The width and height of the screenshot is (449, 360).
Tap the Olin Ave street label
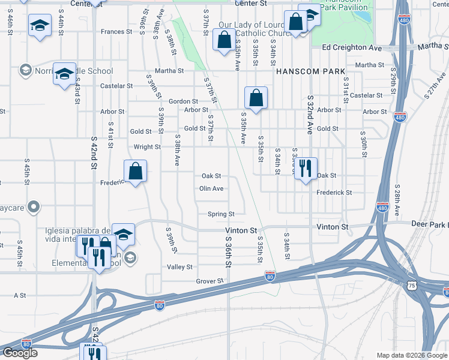(x=211, y=188)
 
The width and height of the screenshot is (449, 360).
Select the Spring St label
(x=220, y=214)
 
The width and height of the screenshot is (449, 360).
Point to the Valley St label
(x=179, y=267)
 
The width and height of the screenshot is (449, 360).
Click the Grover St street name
(x=209, y=281)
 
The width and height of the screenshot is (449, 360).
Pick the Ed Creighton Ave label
(x=352, y=47)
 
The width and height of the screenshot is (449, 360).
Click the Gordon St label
(x=183, y=101)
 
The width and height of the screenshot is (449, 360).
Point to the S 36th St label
(x=229, y=251)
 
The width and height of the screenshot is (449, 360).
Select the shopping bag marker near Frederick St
(x=136, y=171)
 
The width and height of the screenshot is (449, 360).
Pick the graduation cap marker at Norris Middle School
(x=64, y=74)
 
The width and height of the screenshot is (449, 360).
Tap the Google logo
(x=20, y=353)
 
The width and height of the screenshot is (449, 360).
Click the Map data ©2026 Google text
(x=412, y=355)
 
